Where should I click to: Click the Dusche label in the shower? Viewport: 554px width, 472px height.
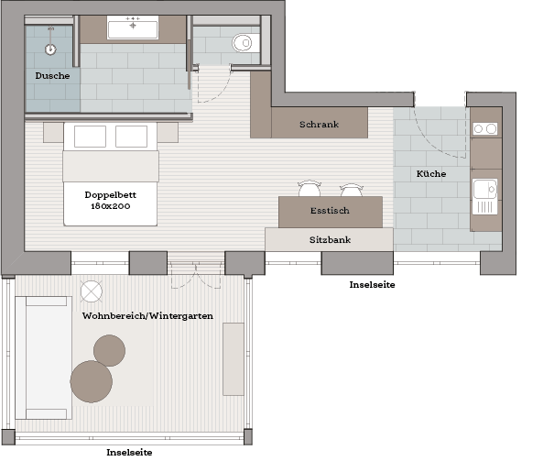click(52, 76)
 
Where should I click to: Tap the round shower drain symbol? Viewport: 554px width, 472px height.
click(50, 49)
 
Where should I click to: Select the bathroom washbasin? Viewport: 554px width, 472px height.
click(133, 27)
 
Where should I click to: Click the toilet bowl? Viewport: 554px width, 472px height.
click(244, 43)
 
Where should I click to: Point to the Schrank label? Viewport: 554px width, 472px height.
click(319, 125)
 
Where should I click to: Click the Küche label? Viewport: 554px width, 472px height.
click(431, 173)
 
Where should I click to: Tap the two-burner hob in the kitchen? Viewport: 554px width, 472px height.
click(485, 129)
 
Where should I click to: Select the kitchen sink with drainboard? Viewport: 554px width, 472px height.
click(485, 196)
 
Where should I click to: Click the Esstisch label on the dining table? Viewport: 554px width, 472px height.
click(330, 211)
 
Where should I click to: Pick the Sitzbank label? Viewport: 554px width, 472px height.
click(330, 240)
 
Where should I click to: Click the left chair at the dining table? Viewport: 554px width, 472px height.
click(310, 189)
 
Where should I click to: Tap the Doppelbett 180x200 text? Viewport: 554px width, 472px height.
click(111, 200)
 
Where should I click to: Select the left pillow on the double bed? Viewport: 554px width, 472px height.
click(90, 137)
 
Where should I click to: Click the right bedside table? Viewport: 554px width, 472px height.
click(168, 133)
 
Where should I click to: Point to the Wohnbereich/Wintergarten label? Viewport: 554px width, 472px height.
click(147, 315)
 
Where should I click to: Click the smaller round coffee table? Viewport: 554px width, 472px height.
click(110, 350)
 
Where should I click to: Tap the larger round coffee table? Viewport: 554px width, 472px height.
click(92, 381)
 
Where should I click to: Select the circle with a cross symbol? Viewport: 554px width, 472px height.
click(92, 291)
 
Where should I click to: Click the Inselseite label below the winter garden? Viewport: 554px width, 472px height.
click(129, 452)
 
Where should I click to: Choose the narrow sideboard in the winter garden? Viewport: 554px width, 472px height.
click(234, 359)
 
